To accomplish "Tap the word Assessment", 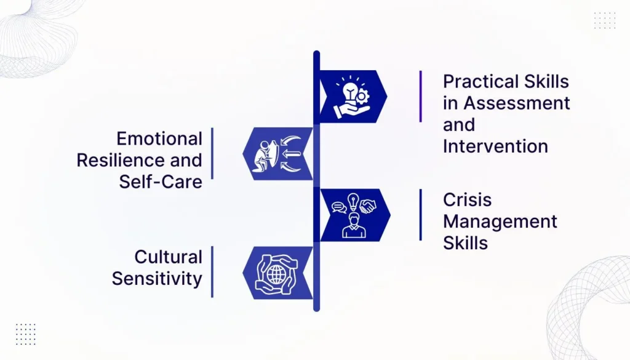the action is [x=517, y=103].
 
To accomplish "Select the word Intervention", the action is [x=495, y=146].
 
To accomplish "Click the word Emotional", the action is [x=159, y=139].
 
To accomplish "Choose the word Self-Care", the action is [x=161, y=182].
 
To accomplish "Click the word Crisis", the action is [x=468, y=199].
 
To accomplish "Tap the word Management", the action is [x=500, y=222].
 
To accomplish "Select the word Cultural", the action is [x=168, y=257].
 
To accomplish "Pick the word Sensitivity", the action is [x=157, y=279].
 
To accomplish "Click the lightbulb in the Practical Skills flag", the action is [x=349, y=92].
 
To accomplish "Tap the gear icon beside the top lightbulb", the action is [x=362, y=97].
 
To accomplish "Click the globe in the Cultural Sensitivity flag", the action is [x=276, y=274].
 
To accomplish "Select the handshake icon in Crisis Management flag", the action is [x=368, y=207].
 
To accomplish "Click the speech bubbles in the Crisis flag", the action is [x=339, y=207].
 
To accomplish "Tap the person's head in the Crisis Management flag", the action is [x=354, y=219].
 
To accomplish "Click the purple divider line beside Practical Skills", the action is [x=421, y=97].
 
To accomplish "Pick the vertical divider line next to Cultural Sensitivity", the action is [x=212, y=272].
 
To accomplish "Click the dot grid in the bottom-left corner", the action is [x=26, y=334].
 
